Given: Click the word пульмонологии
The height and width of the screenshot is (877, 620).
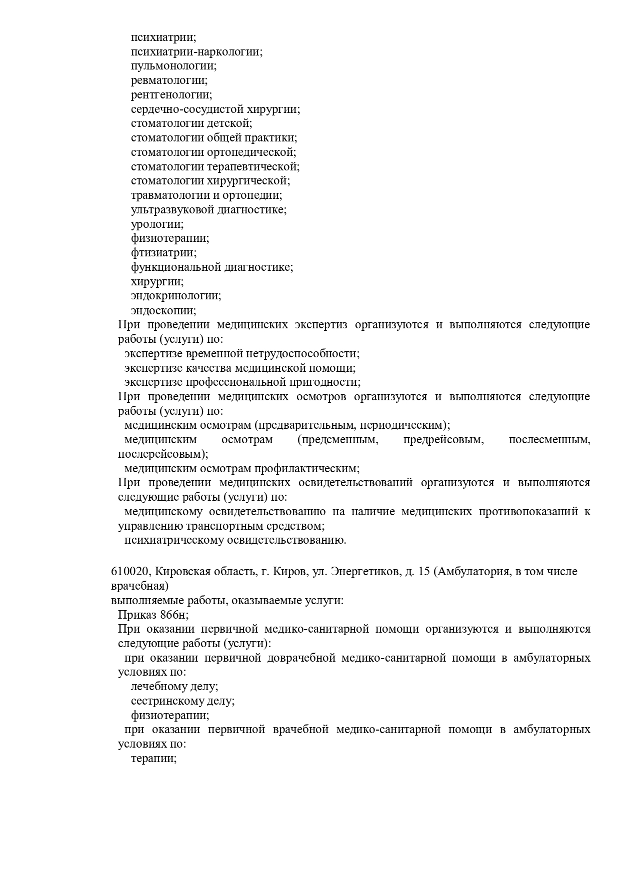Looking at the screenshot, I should click(x=173, y=66).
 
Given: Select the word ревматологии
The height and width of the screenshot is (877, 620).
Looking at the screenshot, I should click(x=169, y=80).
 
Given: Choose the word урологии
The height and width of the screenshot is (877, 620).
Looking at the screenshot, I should click(x=157, y=224).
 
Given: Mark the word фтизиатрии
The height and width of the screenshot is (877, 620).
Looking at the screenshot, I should click(x=163, y=253).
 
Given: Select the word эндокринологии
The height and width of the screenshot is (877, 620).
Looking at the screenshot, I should click(x=176, y=296).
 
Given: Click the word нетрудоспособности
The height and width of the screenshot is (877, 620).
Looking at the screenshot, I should click(x=302, y=354).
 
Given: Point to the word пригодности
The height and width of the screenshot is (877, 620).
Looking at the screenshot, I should click(x=327, y=382).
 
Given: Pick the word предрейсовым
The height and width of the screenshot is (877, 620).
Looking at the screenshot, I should click(x=443, y=440).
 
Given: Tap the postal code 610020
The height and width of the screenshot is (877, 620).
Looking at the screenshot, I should click(x=128, y=572).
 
